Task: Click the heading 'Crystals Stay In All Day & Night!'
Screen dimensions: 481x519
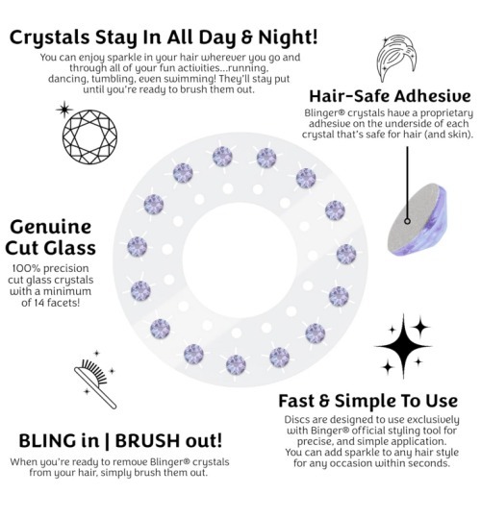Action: pos(164,37)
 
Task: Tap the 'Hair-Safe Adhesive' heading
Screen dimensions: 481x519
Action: pos(390,96)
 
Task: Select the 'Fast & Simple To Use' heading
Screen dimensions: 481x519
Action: pos(368,401)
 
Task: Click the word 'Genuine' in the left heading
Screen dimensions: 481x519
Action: pos(51,227)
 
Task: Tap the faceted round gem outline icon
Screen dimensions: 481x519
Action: pos(89,136)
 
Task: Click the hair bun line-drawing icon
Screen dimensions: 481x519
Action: pos(396,59)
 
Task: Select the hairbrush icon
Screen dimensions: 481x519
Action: pos(95,383)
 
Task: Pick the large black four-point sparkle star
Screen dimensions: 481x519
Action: pos(403,346)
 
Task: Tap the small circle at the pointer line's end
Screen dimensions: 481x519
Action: pos(408,221)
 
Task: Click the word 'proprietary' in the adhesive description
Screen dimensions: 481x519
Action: pos(446,113)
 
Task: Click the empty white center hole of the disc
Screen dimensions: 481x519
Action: pos(240,260)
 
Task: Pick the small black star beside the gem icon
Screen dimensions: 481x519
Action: pos(63,110)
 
